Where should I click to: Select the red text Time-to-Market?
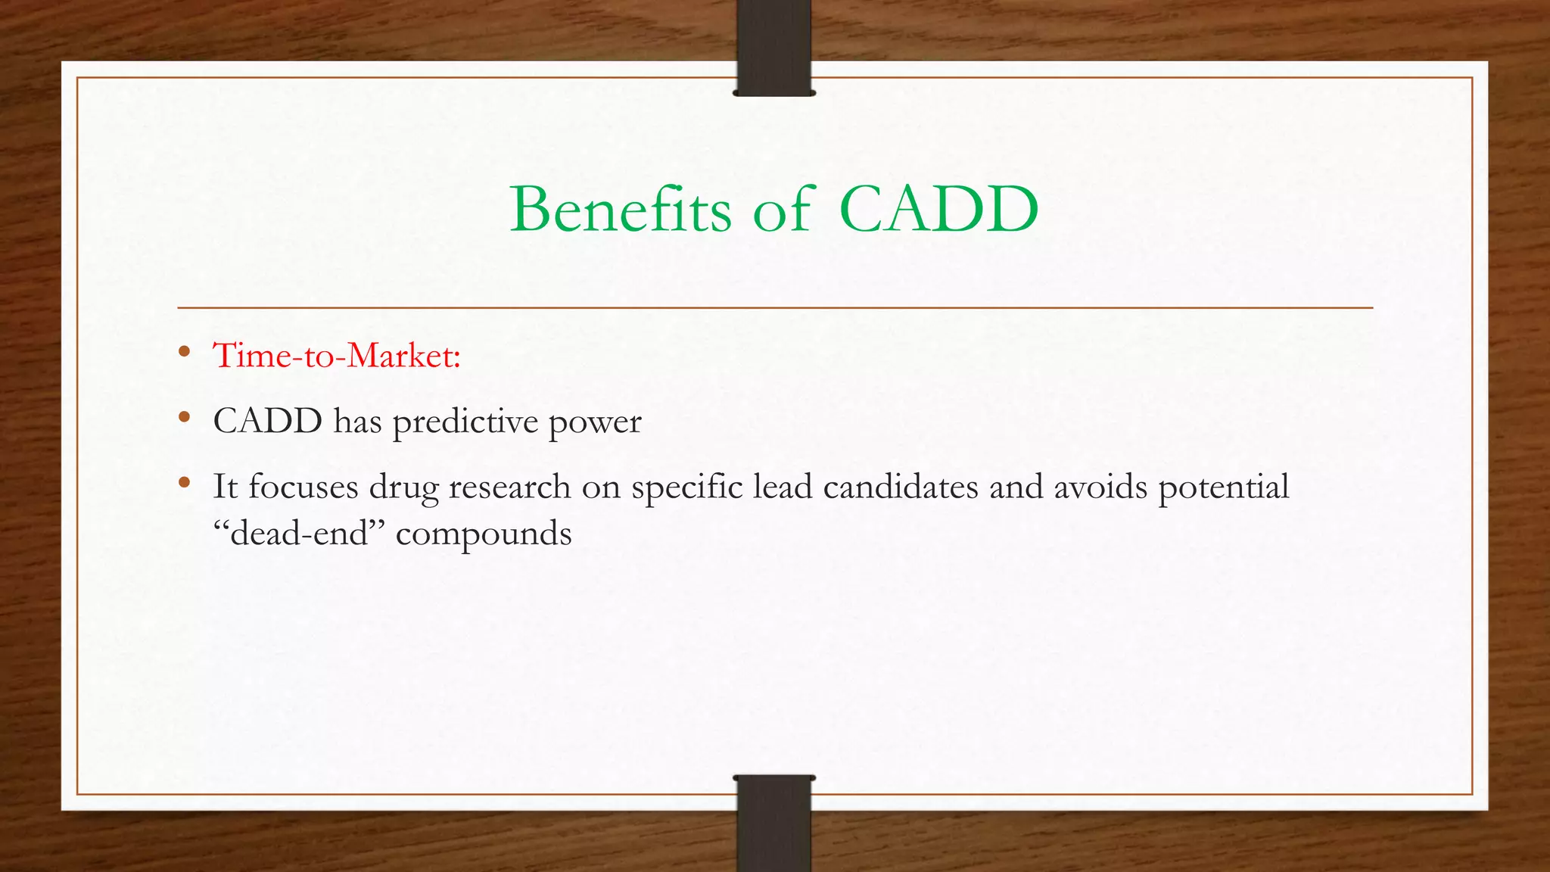pyautogui.click(x=337, y=355)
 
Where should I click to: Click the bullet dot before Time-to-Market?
pyautogui.click(x=184, y=351)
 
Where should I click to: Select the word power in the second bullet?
pyautogui.click(x=595, y=422)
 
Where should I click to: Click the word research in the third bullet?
pyautogui.click(x=509, y=486)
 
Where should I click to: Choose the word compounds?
pyautogui.click(x=484, y=534)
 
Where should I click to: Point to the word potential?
pyautogui.click(x=1224, y=486)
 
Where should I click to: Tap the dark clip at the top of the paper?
pyautogui.click(x=773, y=48)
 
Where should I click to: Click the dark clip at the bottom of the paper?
pyautogui.click(x=773, y=824)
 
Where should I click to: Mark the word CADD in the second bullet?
pyautogui.click(x=267, y=421)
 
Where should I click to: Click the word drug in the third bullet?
pyautogui.click(x=403, y=487)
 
